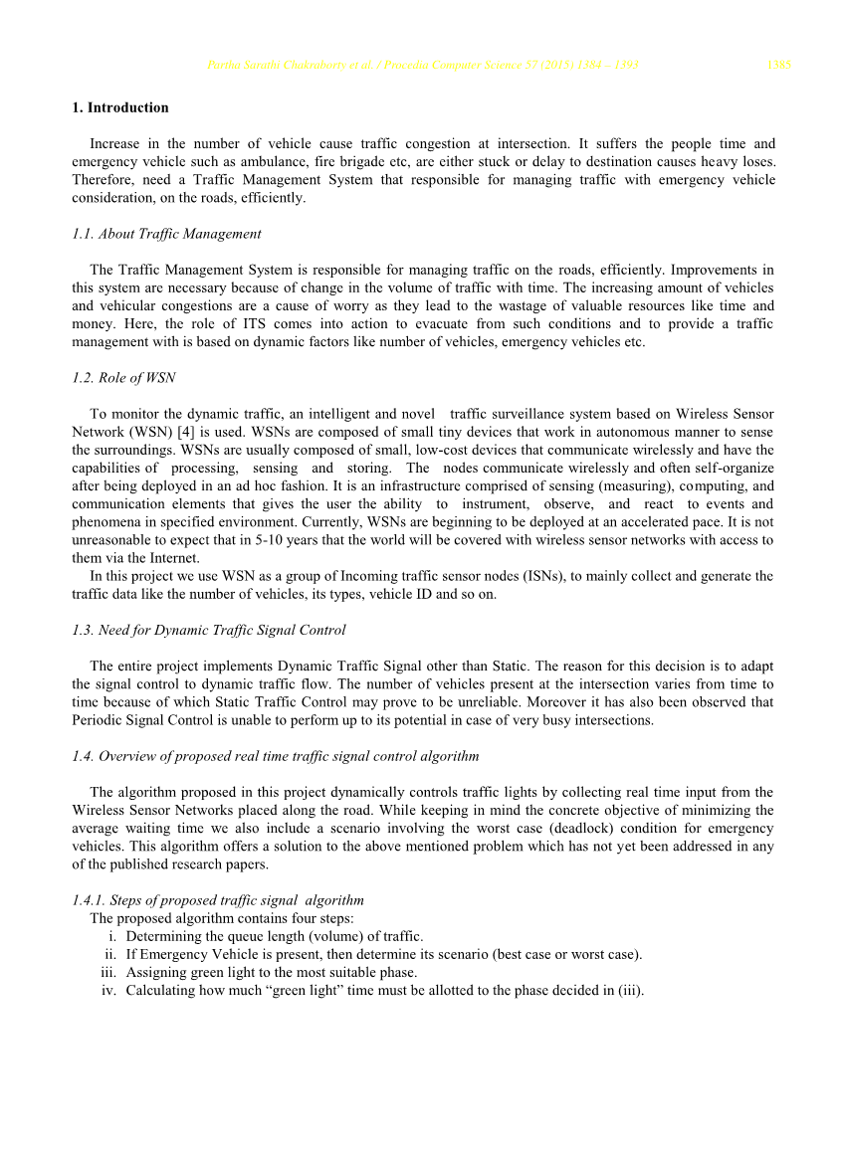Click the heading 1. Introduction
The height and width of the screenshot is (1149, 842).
click(120, 107)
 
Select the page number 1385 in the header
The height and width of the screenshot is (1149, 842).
click(778, 66)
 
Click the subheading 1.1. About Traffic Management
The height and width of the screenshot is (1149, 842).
click(166, 234)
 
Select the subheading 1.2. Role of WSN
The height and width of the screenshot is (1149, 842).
click(123, 377)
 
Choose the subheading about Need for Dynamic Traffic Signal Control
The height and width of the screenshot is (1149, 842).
click(209, 630)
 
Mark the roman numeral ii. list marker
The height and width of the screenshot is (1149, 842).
click(111, 954)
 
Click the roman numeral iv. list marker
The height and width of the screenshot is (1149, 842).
click(109, 990)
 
